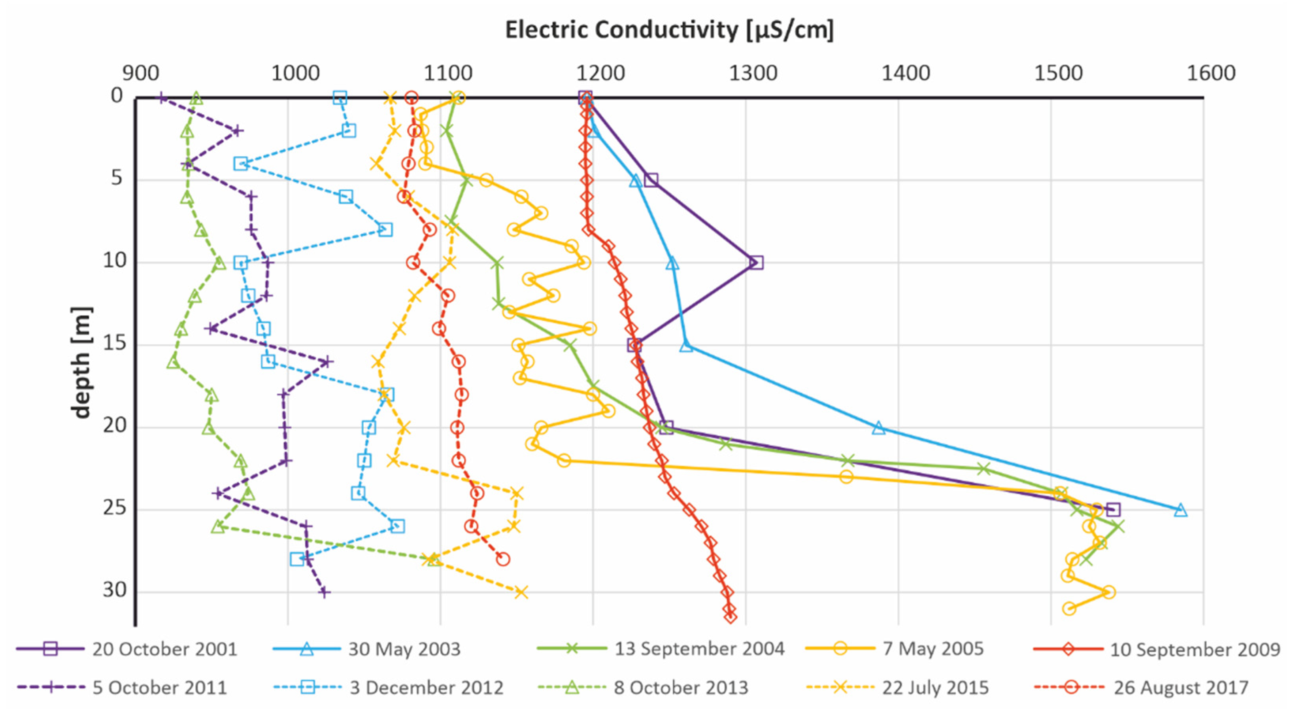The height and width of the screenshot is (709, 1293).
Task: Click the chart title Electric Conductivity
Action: click(x=669, y=30)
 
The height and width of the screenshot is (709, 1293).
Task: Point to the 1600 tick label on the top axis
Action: click(x=1211, y=73)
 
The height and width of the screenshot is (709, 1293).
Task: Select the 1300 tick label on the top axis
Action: click(x=753, y=73)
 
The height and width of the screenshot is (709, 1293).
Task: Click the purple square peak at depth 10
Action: click(x=756, y=263)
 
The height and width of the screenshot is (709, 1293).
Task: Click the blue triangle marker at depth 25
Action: click(x=1181, y=510)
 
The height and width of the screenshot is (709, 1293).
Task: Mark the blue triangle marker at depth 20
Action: click(x=878, y=428)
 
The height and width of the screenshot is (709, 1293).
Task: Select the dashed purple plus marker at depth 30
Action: click(x=324, y=592)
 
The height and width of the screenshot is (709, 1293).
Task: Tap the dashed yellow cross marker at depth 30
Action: click(x=521, y=592)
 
